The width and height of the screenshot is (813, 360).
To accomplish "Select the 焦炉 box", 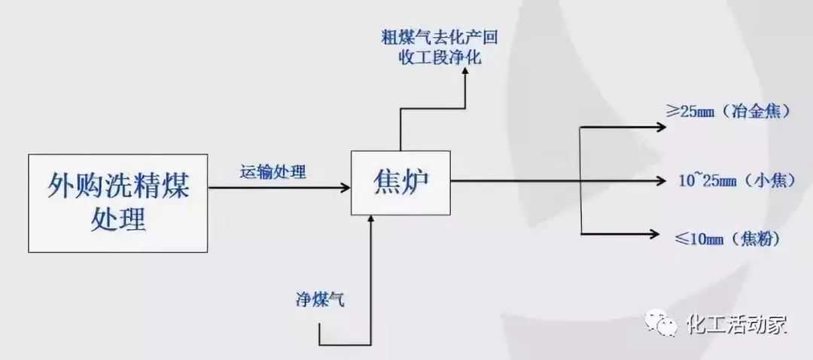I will pos(400,182).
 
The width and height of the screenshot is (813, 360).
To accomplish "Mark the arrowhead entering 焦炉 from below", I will pos(370,218).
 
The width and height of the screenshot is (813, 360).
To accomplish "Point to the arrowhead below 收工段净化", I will pos(465,73).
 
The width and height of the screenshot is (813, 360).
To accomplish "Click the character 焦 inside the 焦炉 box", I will pos(385,182).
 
